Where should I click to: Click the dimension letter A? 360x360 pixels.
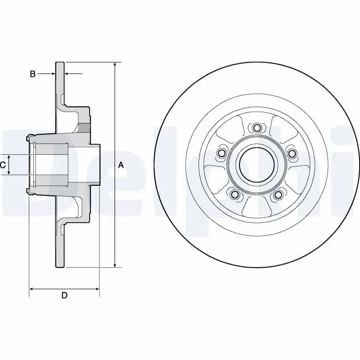pyautogui.click(x=121, y=165)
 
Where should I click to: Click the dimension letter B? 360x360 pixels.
pyautogui.click(x=32, y=74)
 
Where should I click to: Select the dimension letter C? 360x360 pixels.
pyautogui.click(x=3, y=165)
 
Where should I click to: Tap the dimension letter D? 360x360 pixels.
pyautogui.click(x=64, y=295)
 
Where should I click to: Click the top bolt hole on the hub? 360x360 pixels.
pyautogui.click(x=256, y=128)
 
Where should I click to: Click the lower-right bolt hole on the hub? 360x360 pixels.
pyautogui.click(x=279, y=194)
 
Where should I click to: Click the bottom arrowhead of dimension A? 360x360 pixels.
pyautogui.click(x=115, y=264)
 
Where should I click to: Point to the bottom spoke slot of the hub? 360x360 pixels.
pyautogui.click(x=256, y=207)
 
